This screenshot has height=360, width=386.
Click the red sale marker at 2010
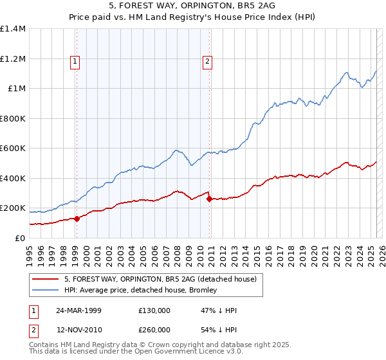pyautogui.click(x=210, y=199)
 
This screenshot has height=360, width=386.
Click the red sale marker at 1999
pyautogui.click(x=77, y=219)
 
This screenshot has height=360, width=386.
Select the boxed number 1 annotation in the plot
pyautogui.click(x=75, y=62)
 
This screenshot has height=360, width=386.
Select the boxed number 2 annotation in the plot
pyautogui.click(x=208, y=62)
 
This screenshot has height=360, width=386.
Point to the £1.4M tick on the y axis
pyautogui.click(x=13, y=29)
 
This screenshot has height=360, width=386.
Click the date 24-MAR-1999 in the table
pyautogui.click(x=78, y=310)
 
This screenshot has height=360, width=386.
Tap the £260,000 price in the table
pyautogui.click(x=154, y=330)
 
